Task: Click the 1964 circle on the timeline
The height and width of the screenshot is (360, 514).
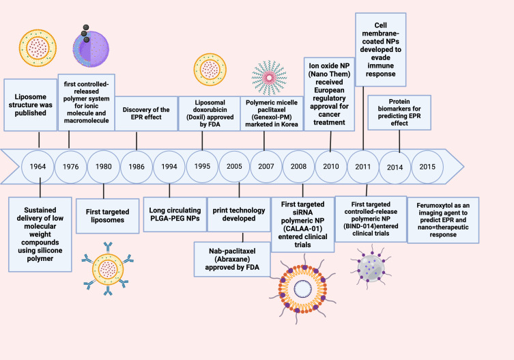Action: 39,167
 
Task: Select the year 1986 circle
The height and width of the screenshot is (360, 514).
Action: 137,167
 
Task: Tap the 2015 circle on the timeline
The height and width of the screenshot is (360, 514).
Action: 429,167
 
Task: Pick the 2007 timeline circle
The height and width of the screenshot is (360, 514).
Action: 267,167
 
